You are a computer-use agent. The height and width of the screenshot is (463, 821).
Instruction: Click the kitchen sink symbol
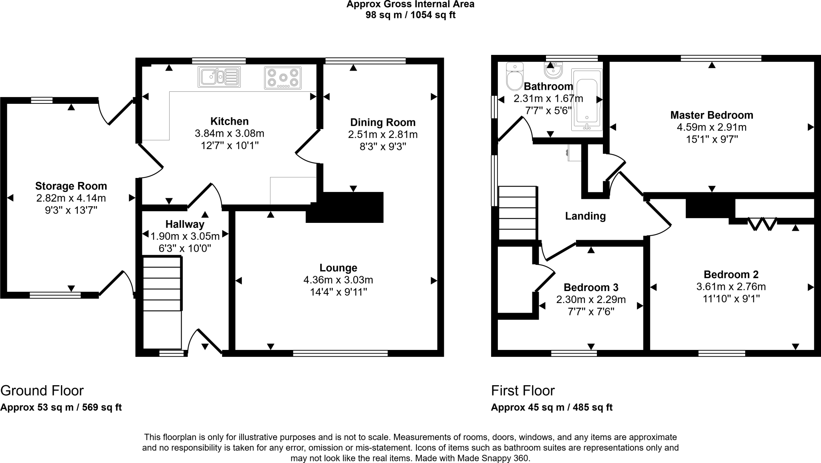pos(219,77)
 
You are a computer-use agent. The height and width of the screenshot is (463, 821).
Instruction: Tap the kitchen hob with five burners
pos(283,78)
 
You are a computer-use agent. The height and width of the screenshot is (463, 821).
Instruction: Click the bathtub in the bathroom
pos(586,100)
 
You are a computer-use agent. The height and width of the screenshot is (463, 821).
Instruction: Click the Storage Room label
pos(71,186)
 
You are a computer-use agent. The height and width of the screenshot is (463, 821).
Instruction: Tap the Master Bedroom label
pos(712,115)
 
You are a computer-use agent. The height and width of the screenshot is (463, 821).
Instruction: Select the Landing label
pos(585,216)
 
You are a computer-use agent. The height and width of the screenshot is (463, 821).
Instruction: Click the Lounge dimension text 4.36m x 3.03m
pos(338,280)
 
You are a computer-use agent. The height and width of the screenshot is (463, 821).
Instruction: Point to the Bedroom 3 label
pos(591,287)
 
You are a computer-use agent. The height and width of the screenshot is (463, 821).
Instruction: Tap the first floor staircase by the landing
pos(517,213)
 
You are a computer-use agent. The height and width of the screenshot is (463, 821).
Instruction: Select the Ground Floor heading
pos(42,390)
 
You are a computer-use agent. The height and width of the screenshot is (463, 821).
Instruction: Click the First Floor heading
pos(523,390)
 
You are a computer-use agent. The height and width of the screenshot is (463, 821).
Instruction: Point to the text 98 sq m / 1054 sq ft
pos(410,15)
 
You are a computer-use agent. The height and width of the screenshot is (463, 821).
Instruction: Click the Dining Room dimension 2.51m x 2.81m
pos(383,135)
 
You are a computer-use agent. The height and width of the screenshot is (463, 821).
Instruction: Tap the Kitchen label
pos(230,121)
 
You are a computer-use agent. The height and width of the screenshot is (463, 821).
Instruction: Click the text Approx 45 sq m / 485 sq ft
pos(552,408)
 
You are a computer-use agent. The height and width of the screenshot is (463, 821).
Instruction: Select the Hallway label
pos(185,224)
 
